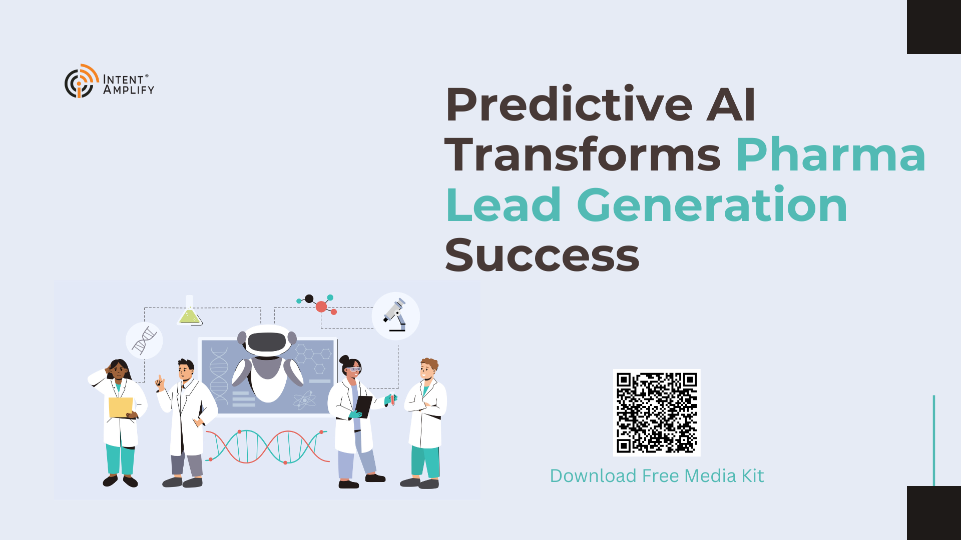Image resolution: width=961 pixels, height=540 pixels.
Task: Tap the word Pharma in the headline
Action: pos(831,155)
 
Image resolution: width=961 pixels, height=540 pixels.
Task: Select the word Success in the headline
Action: pos(542,255)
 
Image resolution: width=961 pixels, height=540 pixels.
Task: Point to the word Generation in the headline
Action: pos(712,204)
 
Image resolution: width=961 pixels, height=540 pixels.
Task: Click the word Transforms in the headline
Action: pos(583,155)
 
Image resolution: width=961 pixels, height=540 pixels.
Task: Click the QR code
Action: pos(657,412)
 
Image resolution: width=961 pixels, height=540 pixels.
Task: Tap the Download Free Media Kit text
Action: pos(657,476)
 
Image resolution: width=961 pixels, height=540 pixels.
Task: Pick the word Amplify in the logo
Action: pos(129,90)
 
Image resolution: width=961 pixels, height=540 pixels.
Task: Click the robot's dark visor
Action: pos(267,342)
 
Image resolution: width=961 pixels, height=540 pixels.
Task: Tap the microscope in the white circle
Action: pos(395,315)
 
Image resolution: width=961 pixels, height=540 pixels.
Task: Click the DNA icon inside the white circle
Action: pos(144,340)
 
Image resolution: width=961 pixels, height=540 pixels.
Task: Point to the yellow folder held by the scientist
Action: pos(121,407)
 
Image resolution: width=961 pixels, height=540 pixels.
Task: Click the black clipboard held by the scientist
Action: pos(363,406)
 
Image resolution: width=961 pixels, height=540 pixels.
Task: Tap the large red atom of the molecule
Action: pos(321,306)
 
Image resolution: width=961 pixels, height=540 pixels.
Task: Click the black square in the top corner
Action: pos(934,27)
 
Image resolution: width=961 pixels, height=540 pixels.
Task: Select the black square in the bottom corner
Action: pos(934,513)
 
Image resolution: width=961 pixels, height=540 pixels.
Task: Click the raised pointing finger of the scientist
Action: pos(160,379)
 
